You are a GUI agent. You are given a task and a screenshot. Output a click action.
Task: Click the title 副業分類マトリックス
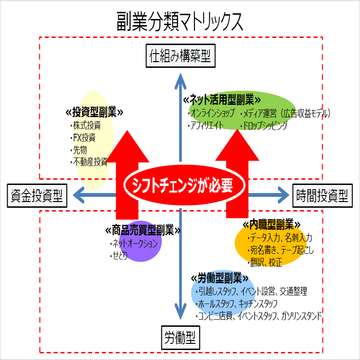(x=180, y=22)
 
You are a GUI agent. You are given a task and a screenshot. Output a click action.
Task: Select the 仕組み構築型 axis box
(x=180, y=56)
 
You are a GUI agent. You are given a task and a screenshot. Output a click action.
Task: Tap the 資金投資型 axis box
(x=37, y=195)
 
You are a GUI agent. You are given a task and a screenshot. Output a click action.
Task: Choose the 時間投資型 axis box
(x=323, y=195)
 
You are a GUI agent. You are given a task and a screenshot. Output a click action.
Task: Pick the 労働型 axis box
(x=180, y=338)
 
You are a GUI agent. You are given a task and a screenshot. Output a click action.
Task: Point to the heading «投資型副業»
(x=94, y=112)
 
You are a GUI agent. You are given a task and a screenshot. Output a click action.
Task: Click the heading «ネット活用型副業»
(x=222, y=100)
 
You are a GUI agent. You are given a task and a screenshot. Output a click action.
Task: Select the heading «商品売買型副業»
(x=143, y=231)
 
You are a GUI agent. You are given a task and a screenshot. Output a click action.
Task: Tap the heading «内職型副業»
(x=272, y=224)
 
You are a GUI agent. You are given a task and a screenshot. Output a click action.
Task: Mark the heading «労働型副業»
(x=220, y=278)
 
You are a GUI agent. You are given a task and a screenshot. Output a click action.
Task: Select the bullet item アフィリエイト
(x=205, y=125)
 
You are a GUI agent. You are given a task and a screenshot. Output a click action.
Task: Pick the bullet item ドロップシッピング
(x=264, y=125)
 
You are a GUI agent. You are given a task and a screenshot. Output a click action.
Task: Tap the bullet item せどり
(x=119, y=256)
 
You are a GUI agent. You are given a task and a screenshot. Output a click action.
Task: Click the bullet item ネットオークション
(x=134, y=244)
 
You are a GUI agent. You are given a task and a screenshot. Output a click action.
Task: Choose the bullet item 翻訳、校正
(x=265, y=262)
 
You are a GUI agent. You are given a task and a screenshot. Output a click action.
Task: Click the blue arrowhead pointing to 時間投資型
(x=283, y=195)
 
